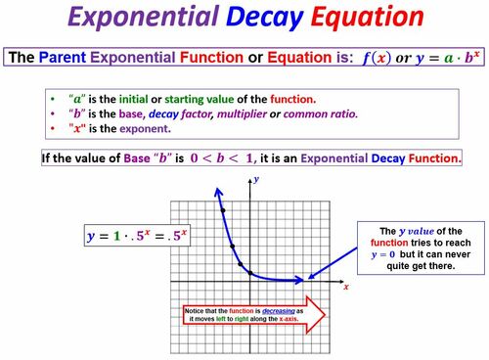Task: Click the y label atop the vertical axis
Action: (x=255, y=179)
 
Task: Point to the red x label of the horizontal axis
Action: (x=346, y=288)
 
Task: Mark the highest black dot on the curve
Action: (x=223, y=210)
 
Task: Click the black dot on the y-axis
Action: (x=250, y=273)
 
